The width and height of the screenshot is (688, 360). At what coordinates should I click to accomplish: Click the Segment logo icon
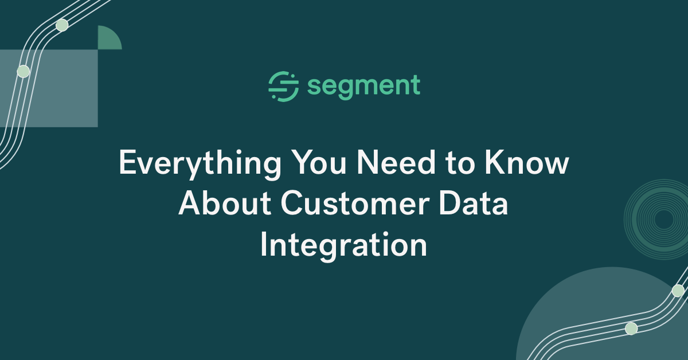[283, 87]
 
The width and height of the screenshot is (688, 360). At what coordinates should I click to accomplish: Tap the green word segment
[363, 87]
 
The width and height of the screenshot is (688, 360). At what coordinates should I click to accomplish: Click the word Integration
[343, 245]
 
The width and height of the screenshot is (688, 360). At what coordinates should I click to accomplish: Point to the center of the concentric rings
[664, 219]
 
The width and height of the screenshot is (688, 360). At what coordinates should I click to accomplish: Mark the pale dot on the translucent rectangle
[23, 71]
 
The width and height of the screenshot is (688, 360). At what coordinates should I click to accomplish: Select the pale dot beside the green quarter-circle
[62, 25]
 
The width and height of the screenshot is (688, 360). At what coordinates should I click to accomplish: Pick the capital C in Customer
[293, 205]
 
